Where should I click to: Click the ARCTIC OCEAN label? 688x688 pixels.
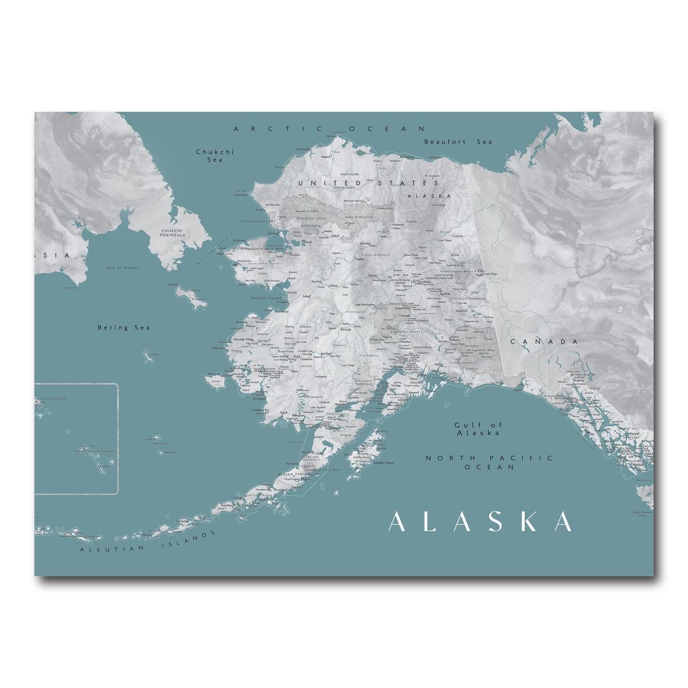click(x=330, y=129)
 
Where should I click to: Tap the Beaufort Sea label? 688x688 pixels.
click(x=458, y=142)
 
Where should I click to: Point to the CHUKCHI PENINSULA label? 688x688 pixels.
click(x=173, y=232)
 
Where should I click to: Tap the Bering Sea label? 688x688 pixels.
click(x=123, y=327)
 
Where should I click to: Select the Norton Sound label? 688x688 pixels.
click(x=266, y=298)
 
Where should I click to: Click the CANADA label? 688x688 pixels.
click(x=544, y=342)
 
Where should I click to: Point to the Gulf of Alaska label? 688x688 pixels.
click(x=478, y=429)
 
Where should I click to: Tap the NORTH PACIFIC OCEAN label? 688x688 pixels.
click(x=490, y=462)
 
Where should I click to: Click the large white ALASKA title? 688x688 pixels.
click(x=480, y=522)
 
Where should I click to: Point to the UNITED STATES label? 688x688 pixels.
click(x=368, y=183)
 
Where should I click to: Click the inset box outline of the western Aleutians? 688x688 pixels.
click(x=118, y=436)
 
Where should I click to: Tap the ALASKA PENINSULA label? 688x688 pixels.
click(x=297, y=474)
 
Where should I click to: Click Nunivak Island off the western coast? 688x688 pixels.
click(x=216, y=381)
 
